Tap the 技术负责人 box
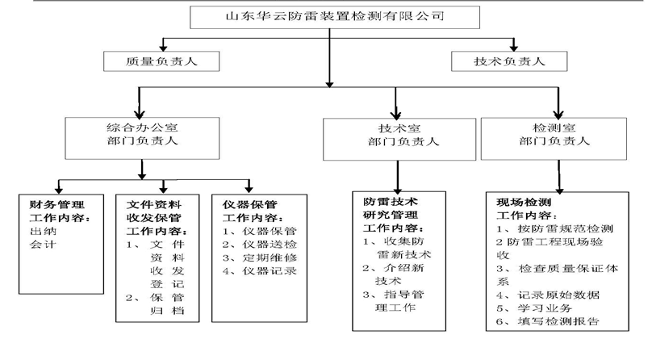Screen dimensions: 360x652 point(508,60)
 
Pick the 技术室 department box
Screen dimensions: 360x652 point(395,135)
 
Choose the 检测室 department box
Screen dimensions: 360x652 point(557,134)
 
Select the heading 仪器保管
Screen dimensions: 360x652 point(249,204)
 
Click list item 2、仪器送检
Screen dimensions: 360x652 point(259,244)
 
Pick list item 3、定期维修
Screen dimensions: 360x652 point(259,257)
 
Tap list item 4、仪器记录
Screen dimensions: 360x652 point(259,270)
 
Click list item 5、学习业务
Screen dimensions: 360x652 point(537,308)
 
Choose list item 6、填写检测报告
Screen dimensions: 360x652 point(551,321)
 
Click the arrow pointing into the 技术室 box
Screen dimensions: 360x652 point(395,105)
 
